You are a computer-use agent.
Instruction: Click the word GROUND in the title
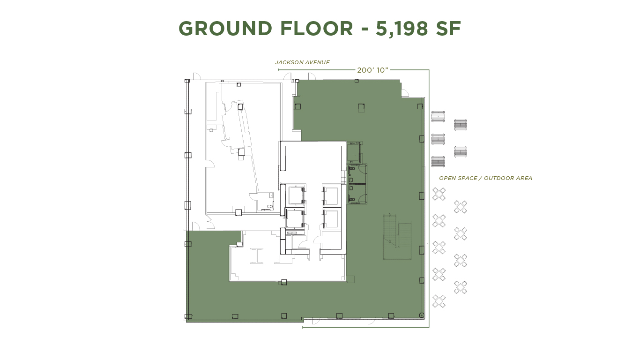tap(225, 29)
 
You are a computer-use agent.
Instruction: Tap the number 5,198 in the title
tap(402, 29)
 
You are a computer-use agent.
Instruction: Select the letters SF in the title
tap(448, 29)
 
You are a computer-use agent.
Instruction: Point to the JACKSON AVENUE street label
tap(302, 62)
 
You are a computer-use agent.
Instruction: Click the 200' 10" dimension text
tap(373, 70)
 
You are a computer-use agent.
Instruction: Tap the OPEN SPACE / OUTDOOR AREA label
tap(485, 178)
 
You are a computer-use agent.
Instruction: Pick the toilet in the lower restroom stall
tap(352, 200)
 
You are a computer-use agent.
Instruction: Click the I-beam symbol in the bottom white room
tap(257, 255)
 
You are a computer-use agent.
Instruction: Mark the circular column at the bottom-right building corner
tap(421, 315)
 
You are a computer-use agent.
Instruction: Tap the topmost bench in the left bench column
tap(438, 116)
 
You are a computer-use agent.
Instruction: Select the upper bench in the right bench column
tap(460, 125)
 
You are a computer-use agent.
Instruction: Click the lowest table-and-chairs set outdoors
tap(439, 301)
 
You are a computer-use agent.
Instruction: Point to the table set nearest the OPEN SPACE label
tap(439, 194)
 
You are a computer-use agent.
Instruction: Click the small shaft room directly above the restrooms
tap(354, 152)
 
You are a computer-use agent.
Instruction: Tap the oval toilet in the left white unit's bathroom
tap(269, 206)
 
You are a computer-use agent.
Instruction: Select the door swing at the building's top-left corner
tap(197, 76)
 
